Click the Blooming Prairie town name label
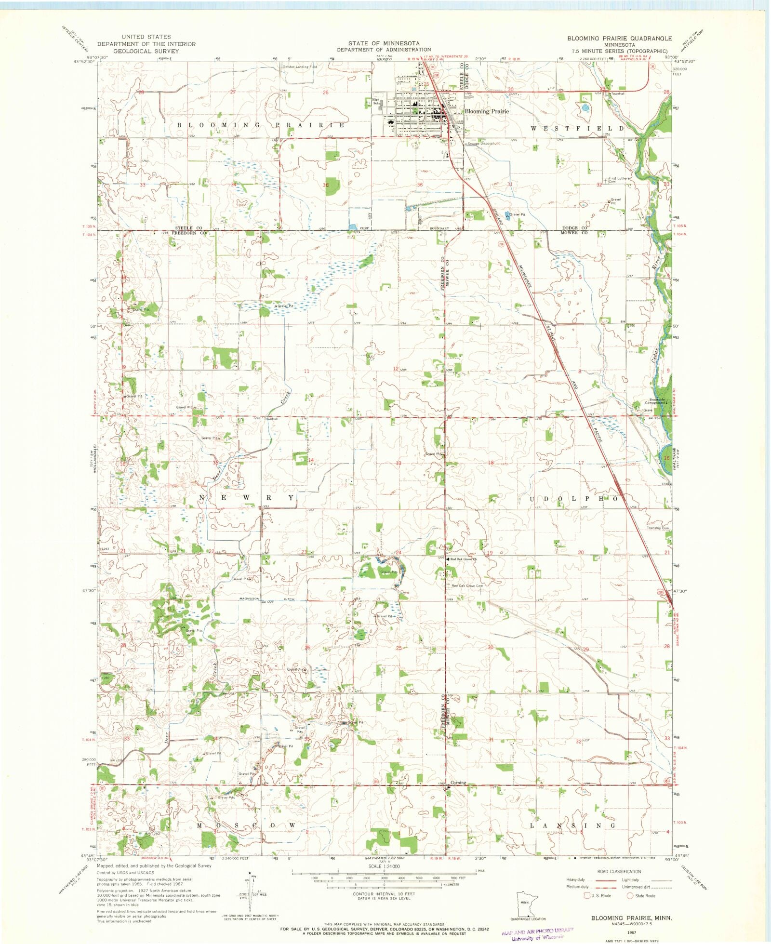(x=486, y=111)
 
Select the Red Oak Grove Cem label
(x=467, y=585)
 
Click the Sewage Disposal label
(x=480, y=144)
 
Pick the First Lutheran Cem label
(x=619, y=180)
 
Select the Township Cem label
(x=658, y=528)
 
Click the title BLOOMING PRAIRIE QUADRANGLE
(x=619, y=38)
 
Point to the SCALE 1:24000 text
(x=384, y=866)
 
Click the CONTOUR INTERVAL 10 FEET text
(x=384, y=893)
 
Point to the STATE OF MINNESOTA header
(x=384, y=43)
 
